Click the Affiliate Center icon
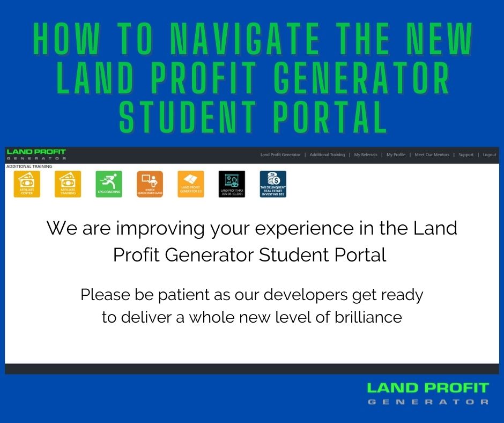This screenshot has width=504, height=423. pyautogui.click(x=26, y=184)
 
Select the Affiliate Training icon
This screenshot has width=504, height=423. pyautogui.click(x=68, y=184)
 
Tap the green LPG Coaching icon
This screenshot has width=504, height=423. pyautogui.click(x=109, y=184)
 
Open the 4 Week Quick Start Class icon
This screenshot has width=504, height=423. pyautogui.click(x=150, y=184)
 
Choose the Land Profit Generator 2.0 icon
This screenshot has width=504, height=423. pyautogui.click(x=191, y=184)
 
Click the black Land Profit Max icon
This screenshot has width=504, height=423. pyautogui.click(x=232, y=184)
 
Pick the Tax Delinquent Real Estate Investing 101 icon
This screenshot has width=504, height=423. pyautogui.click(x=273, y=184)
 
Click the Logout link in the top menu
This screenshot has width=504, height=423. pyautogui.click(x=489, y=155)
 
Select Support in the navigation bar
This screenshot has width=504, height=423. pyautogui.click(x=466, y=155)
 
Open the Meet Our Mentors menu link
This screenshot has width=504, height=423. pyautogui.click(x=432, y=155)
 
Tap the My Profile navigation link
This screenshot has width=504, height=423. pyautogui.click(x=396, y=155)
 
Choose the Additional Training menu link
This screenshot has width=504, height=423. pyautogui.click(x=327, y=155)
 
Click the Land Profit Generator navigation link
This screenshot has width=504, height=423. pyautogui.click(x=280, y=155)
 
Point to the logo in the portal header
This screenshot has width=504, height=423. pyautogui.click(x=36, y=155)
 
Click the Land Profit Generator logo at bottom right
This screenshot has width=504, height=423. pyautogui.click(x=428, y=393)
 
